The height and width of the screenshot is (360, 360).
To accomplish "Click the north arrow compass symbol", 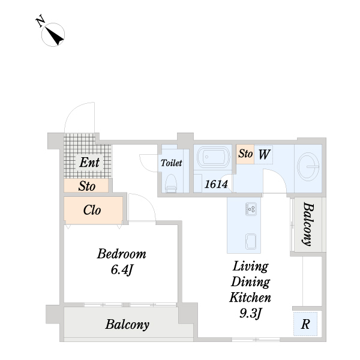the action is point(53,35).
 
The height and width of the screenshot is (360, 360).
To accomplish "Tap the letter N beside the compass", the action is point(40,22).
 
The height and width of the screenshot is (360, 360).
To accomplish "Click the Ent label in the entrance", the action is point(89,163).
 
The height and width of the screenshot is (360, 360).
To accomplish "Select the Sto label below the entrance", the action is point(87,186).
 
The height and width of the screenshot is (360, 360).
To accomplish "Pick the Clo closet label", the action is point(92,210).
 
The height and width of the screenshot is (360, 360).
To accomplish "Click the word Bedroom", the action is point(121,254).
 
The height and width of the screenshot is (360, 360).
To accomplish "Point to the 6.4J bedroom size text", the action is point(122,269).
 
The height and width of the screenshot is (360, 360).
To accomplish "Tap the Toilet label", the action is point(171,163).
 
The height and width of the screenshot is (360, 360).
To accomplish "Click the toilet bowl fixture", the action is point(171,183).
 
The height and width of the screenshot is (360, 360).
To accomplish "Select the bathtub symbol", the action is point(213,157).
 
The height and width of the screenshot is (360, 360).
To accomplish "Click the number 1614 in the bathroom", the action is point(216,184).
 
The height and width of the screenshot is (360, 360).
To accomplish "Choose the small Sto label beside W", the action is point(245,154).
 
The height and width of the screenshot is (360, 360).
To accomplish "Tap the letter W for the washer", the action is point(264,154).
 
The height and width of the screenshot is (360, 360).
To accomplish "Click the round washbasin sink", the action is point(308,167).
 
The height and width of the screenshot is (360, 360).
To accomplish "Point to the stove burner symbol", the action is point(251,209).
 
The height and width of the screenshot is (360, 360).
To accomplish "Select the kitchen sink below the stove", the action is point(251,241).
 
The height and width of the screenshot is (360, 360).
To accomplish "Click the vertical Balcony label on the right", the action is point(308,224).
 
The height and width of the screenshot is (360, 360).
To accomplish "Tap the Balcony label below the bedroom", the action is point(127,325).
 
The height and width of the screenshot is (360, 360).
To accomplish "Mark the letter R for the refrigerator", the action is point(305,324).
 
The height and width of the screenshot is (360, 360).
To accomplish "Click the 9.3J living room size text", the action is point(250,313).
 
